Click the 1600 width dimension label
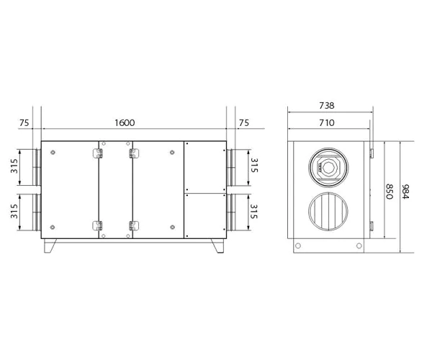[125, 122]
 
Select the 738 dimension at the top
[326, 106]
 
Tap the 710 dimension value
[327, 122]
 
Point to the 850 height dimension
[389, 192]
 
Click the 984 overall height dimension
[405, 192]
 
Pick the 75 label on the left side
[24, 123]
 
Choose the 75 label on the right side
[244, 123]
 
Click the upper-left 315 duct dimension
[14, 166]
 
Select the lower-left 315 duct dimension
[14, 211]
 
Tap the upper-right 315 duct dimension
[254, 166]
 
